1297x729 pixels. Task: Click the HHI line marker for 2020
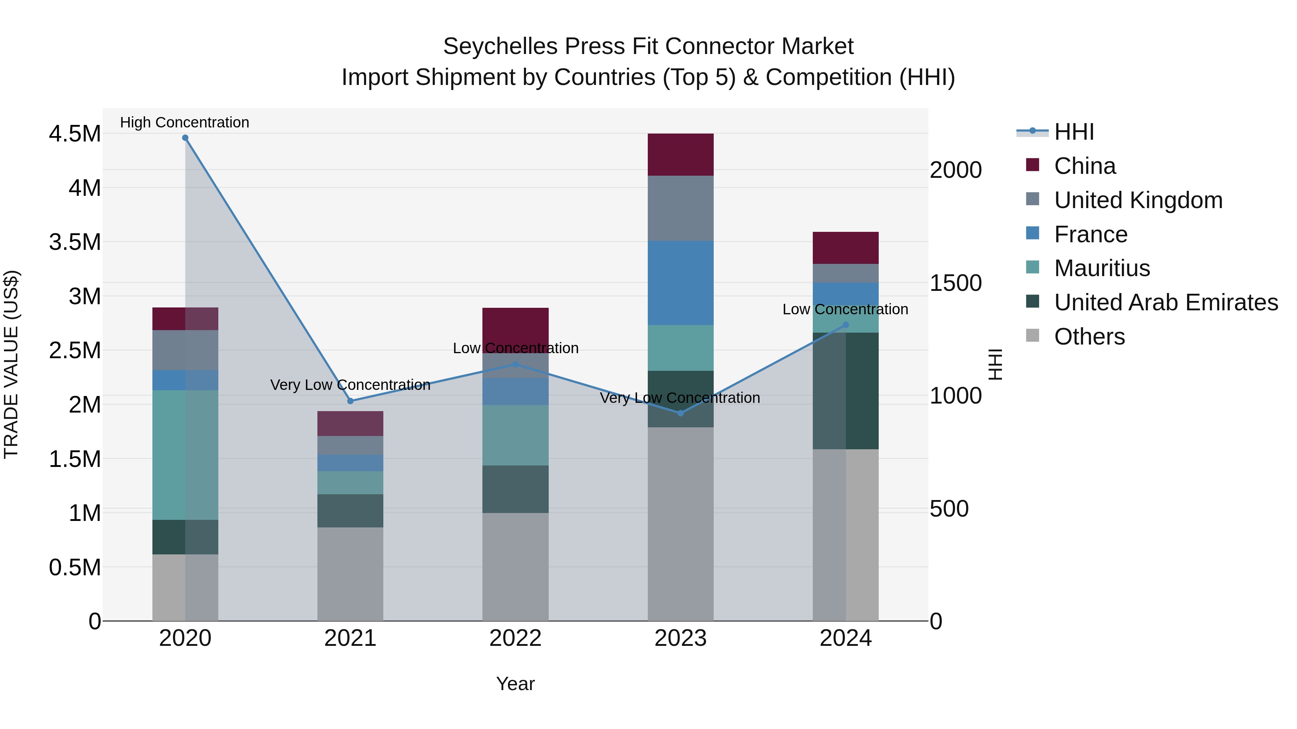[x=185, y=138]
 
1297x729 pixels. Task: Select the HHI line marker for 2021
[x=351, y=401]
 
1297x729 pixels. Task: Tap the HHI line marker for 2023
[x=680, y=413]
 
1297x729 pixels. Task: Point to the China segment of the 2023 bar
[x=680, y=154]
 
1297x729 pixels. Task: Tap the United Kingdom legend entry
[x=1138, y=200]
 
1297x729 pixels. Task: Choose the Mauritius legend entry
[x=1102, y=268]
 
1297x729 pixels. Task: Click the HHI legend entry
[x=1074, y=132]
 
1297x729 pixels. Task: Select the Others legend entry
[x=1089, y=337]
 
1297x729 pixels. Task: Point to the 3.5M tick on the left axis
[x=75, y=242]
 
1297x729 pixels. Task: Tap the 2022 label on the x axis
[x=515, y=638]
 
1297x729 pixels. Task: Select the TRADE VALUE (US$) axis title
[x=11, y=364]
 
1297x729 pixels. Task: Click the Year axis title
[x=515, y=684]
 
